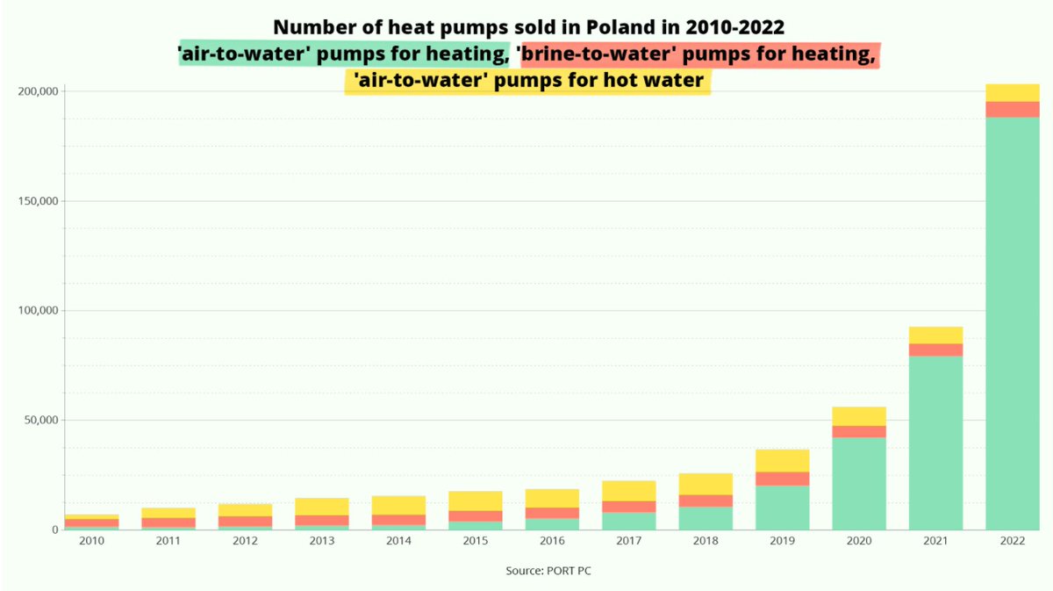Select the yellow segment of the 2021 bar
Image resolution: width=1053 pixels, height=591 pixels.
[x=935, y=335]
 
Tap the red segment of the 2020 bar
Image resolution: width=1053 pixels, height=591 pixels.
[x=859, y=431]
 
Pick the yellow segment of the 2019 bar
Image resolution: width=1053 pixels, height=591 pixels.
[x=783, y=460]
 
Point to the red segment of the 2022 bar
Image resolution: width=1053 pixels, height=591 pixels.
[x=1012, y=109]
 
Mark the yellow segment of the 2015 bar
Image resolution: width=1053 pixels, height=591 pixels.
[x=476, y=501]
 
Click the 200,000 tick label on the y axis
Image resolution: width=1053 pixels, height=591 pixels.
[x=38, y=91]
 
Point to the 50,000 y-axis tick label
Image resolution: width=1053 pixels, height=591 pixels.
[x=40, y=421]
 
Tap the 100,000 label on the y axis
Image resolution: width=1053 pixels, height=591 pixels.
[x=38, y=311]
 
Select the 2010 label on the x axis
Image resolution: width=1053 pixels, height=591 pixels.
[x=91, y=542]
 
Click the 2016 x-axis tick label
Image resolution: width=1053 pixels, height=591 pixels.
[x=552, y=542]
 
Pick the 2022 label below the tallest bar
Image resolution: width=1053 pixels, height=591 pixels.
[x=1012, y=542]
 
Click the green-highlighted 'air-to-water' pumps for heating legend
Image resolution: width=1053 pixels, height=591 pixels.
[x=344, y=55]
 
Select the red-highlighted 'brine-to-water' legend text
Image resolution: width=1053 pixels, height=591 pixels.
[x=698, y=55]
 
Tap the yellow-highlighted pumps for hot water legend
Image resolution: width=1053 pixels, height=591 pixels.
[x=527, y=81]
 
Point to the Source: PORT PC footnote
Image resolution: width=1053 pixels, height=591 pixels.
[x=554, y=571]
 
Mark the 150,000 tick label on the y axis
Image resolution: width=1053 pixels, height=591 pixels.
[x=38, y=201]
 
